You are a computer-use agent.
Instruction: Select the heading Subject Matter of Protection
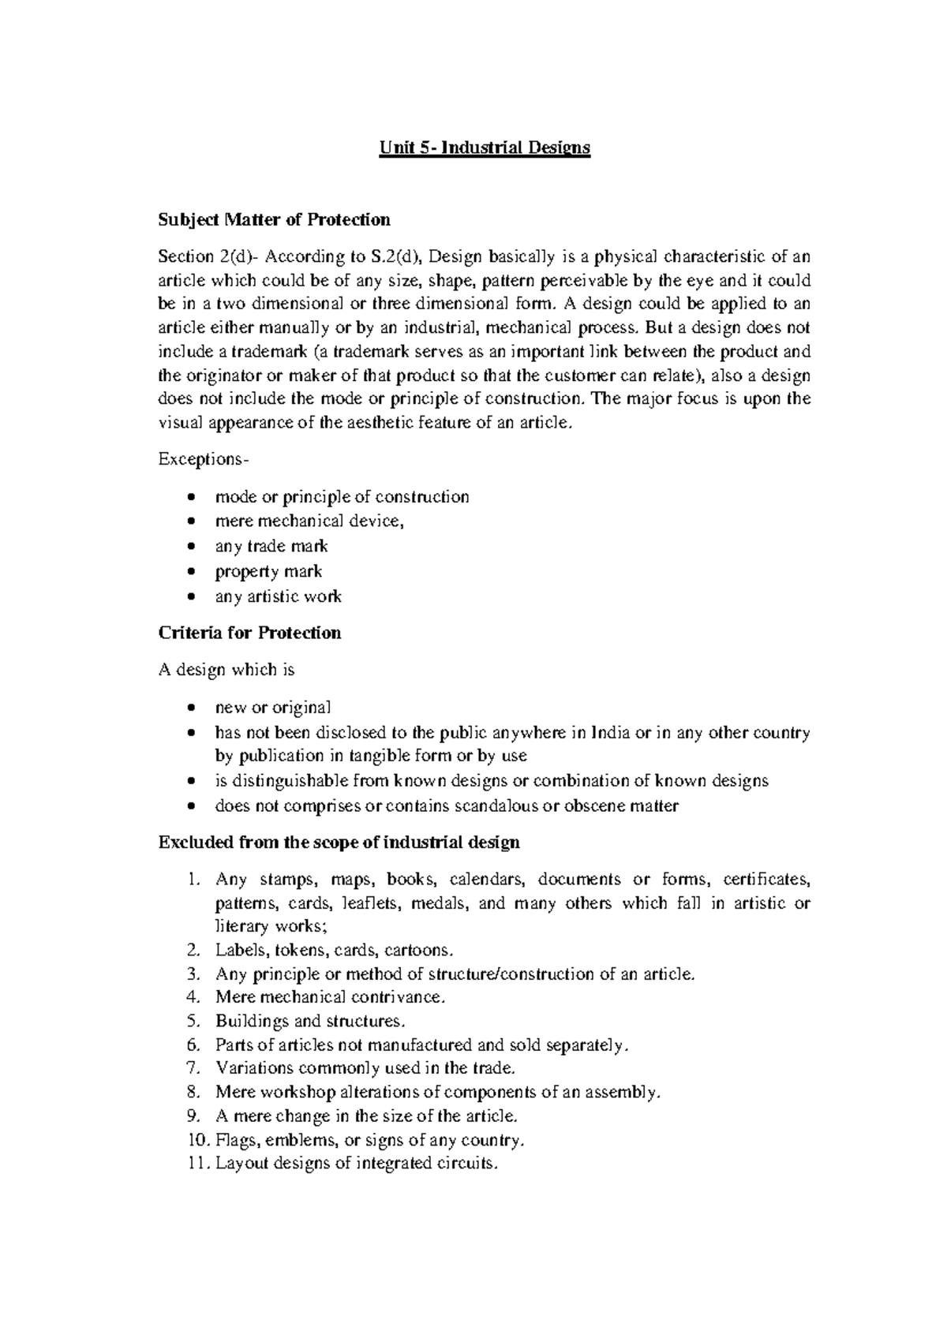[274, 219]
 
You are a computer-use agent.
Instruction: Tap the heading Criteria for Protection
[249, 633]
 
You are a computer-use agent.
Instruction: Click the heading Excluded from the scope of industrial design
[339, 842]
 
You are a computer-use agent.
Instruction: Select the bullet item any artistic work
[278, 596]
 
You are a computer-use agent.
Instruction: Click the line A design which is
[226, 670]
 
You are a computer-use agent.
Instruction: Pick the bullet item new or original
[273, 707]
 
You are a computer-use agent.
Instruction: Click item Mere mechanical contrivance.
[331, 997]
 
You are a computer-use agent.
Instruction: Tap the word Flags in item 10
[237, 1140]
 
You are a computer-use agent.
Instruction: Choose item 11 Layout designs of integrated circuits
[357, 1164]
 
